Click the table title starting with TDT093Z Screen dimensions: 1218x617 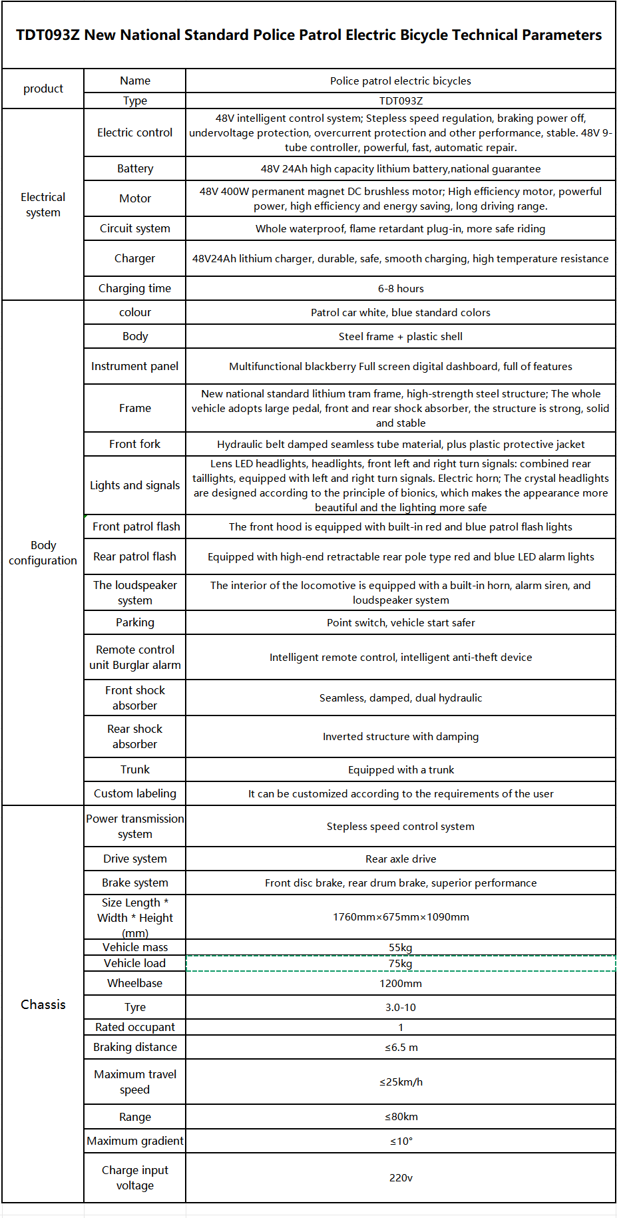(x=308, y=35)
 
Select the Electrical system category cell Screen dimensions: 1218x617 (x=43, y=205)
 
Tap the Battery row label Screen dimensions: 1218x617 (x=135, y=169)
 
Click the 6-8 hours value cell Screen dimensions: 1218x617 (x=401, y=289)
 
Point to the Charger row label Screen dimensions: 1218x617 (x=135, y=259)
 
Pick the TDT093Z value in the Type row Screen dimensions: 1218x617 (x=401, y=101)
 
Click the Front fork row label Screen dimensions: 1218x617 (x=135, y=445)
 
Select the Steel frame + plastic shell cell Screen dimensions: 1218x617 (x=401, y=337)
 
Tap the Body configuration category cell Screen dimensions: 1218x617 (x=43, y=553)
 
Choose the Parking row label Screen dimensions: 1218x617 (x=135, y=623)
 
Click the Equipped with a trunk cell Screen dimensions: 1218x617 (x=401, y=770)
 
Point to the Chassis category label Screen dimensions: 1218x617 (x=43, y=1005)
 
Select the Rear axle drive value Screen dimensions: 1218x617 (x=401, y=859)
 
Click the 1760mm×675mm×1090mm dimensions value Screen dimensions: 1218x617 (x=401, y=917)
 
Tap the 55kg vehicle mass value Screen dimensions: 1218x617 (x=401, y=948)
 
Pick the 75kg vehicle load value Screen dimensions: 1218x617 (x=401, y=964)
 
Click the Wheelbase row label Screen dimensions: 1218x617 (x=135, y=984)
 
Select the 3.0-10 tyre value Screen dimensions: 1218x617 (x=401, y=1008)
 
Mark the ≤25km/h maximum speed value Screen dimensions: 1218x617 (x=401, y=1082)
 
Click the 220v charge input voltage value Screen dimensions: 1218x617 (x=401, y=1178)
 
